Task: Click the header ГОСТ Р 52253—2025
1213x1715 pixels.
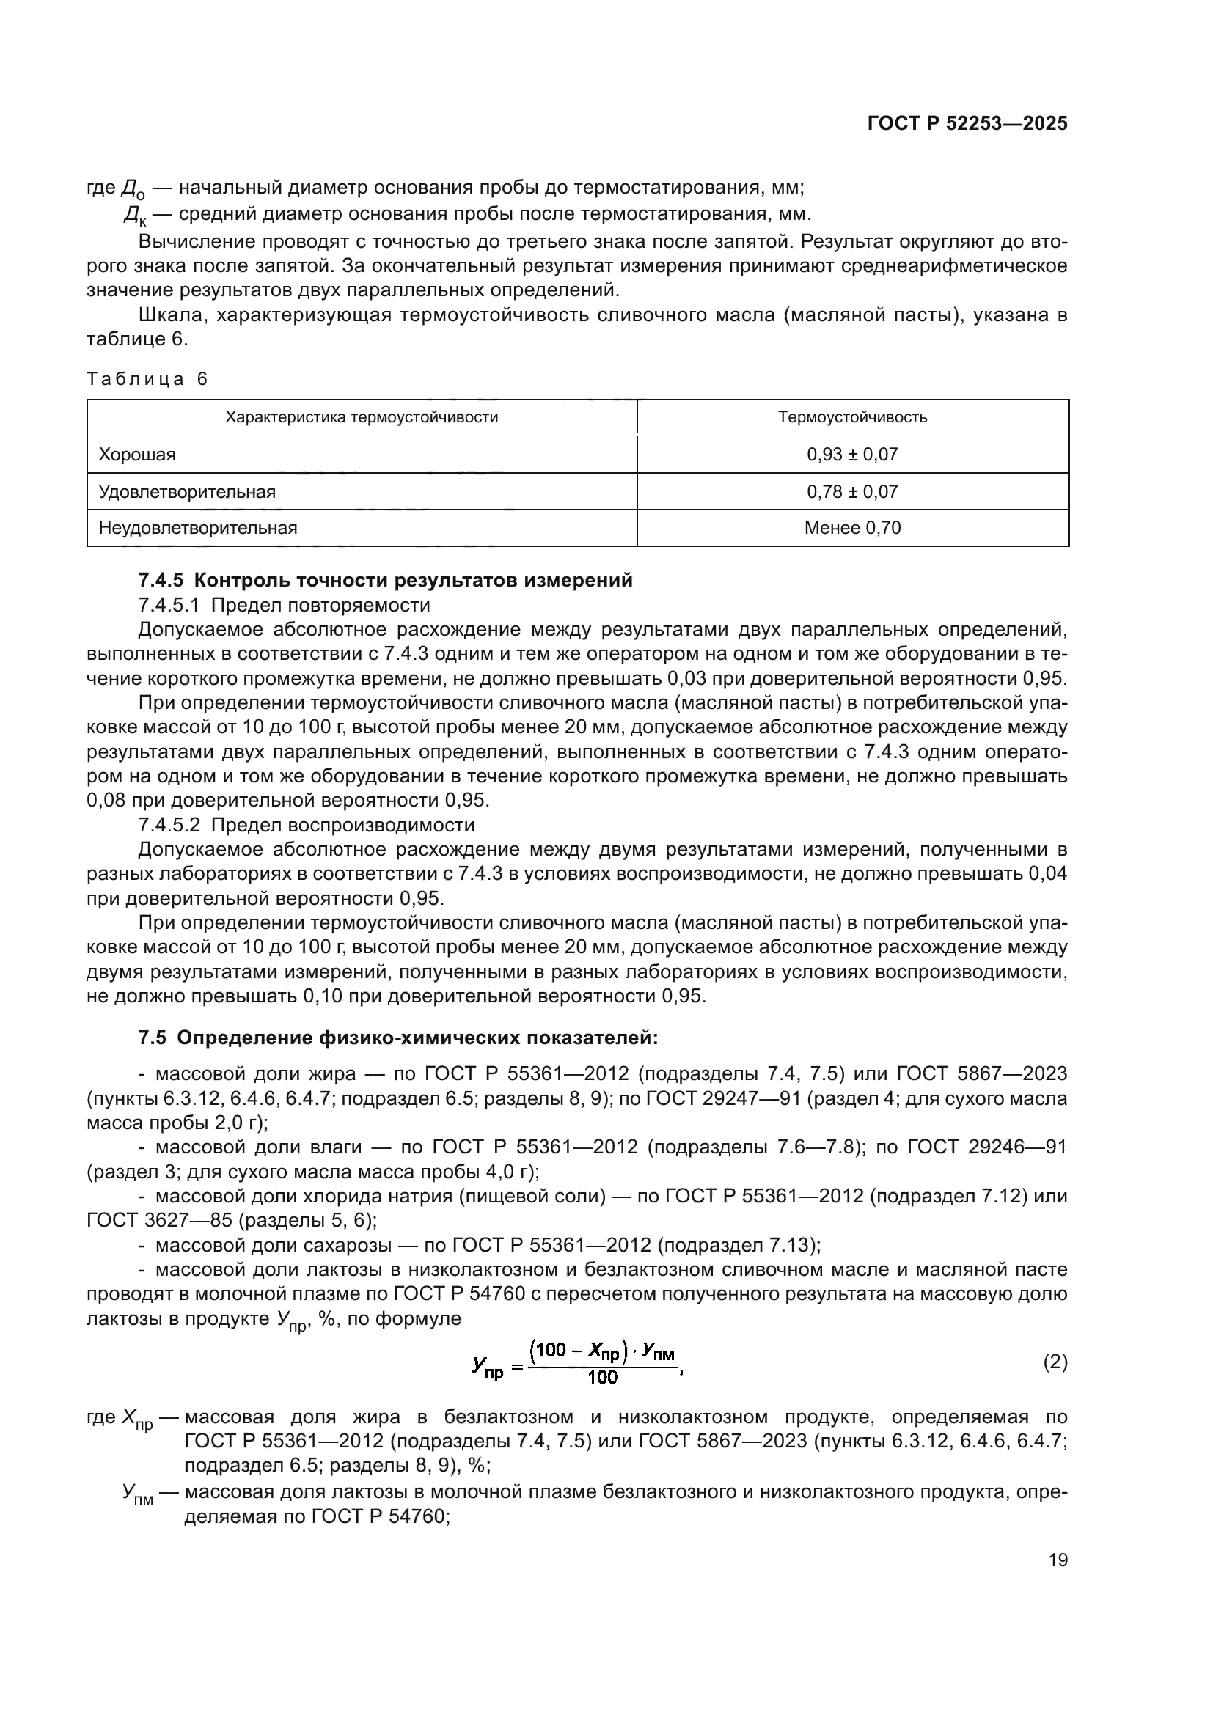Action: point(967,124)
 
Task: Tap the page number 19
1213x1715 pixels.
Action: point(1058,1560)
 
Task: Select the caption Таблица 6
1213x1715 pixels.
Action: point(147,380)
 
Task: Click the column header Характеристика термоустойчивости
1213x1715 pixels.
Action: point(362,417)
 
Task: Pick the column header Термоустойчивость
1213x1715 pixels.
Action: point(852,417)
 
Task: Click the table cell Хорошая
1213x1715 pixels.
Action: point(137,455)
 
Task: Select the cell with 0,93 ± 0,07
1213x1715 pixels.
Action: point(852,455)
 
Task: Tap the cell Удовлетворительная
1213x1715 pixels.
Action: point(188,492)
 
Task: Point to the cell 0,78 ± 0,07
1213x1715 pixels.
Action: point(852,492)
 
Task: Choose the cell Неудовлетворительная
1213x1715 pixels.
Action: point(198,528)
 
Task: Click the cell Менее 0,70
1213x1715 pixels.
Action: point(852,528)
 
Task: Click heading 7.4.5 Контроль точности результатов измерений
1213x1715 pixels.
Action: point(386,581)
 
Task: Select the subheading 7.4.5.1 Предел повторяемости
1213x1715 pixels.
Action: point(285,605)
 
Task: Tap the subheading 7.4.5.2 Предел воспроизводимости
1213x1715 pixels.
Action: point(307,826)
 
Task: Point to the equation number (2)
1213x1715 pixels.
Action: point(1055,1362)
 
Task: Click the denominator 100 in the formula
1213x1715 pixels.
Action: point(603,1378)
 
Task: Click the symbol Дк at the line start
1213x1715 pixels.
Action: point(135,216)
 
